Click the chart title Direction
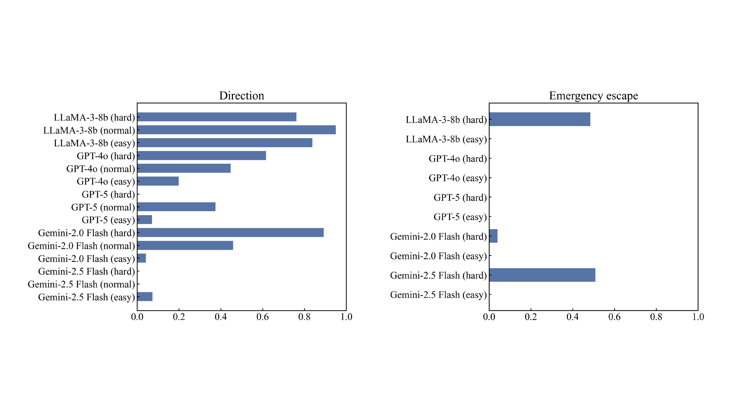(x=242, y=96)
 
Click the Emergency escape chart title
(x=593, y=96)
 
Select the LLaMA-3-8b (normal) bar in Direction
(x=237, y=130)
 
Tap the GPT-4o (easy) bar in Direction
(x=158, y=181)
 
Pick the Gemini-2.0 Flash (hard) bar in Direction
(x=231, y=233)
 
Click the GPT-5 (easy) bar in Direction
(x=145, y=220)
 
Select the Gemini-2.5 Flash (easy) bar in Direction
(x=145, y=297)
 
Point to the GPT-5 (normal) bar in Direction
(x=176, y=207)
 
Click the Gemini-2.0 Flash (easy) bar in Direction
(x=142, y=258)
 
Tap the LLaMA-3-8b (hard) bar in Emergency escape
(x=540, y=119)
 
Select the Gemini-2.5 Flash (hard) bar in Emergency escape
(x=542, y=275)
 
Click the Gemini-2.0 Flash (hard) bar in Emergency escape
(x=493, y=236)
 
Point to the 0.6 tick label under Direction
(x=263, y=317)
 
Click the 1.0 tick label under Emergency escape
(x=698, y=317)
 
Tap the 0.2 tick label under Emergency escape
(x=531, y=317)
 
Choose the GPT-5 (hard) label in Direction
(x=108, y=194)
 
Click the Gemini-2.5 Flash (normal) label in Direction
(x=81, y=284)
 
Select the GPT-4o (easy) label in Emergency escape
(x=458, y=178)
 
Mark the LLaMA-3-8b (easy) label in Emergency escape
(x=446, y=139)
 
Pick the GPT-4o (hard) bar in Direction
(x=202, y=155)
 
